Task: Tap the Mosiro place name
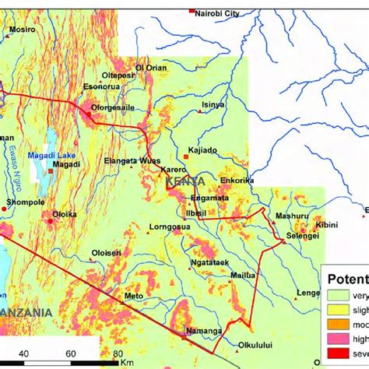pos(23,30)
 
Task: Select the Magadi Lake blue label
pos(49,156)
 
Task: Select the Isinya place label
pos(213,104)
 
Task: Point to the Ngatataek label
pos(210,262)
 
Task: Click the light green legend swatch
pos(336,295)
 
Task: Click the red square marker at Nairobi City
pos(192,10)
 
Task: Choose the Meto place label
pos(134,296)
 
